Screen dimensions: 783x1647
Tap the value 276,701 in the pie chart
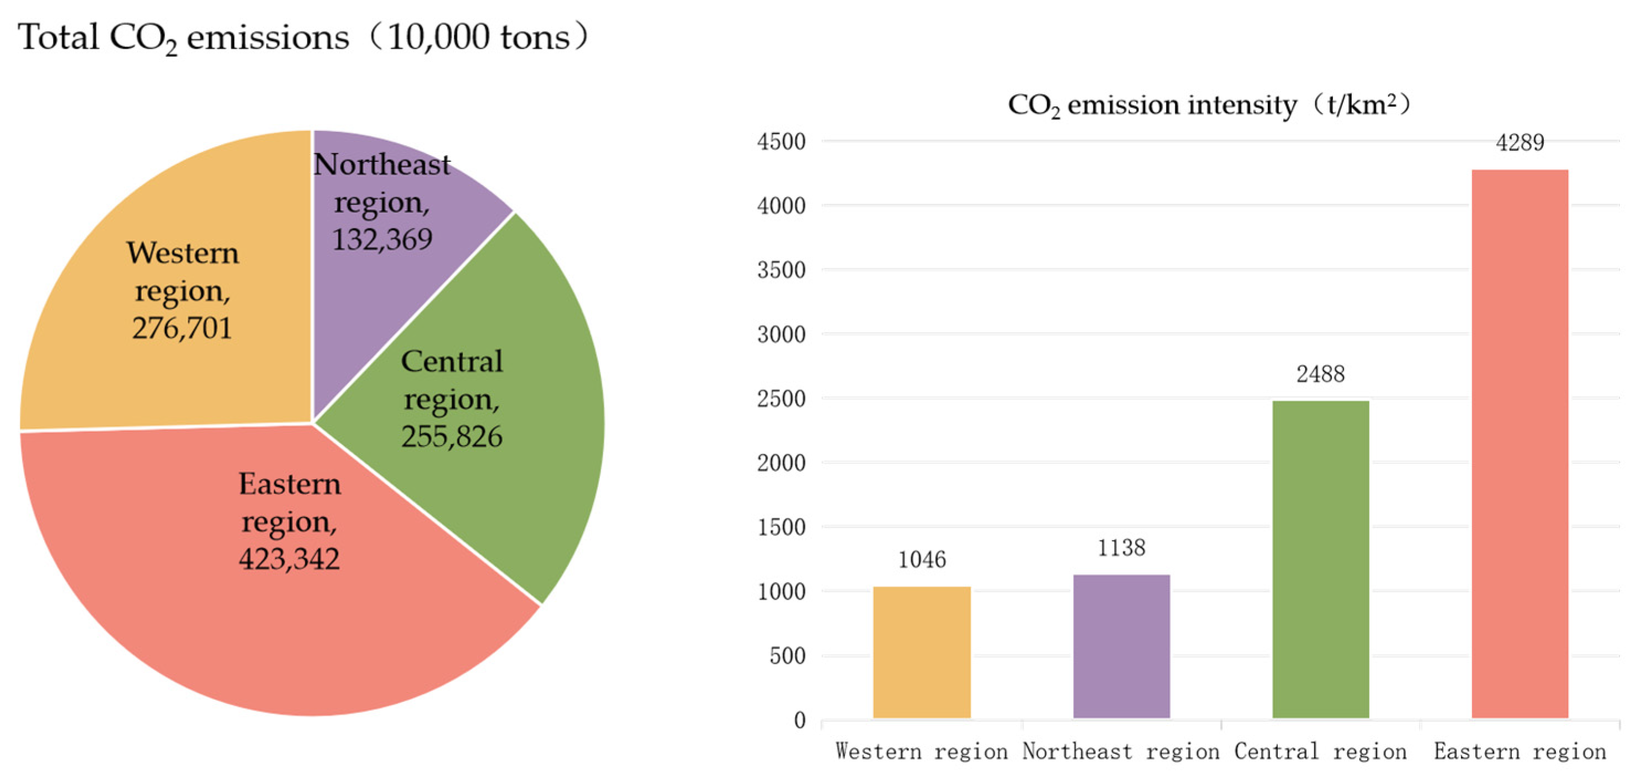[x=182, y=328]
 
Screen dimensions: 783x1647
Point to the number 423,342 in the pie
[x=289, y=559]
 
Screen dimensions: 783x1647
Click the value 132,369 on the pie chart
[x=382, y=239]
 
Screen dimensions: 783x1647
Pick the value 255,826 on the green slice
[x=451, y=436]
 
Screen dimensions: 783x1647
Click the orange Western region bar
[x=921, y=653]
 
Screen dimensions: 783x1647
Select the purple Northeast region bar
[x=1121, y=646]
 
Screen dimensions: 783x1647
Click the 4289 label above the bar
[x=1520, y=142]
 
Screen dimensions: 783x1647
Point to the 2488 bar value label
[x=1320, y=374]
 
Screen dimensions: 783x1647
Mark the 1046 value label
[x=921, y=560]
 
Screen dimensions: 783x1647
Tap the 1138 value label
[x=1121, y=548]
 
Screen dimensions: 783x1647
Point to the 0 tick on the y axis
[x=799, y=720]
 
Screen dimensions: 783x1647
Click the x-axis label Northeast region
[x=1121, y=751]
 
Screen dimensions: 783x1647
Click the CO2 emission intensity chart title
[x=1208, y=105]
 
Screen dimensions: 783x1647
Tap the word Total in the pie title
[x=57, y=37]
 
